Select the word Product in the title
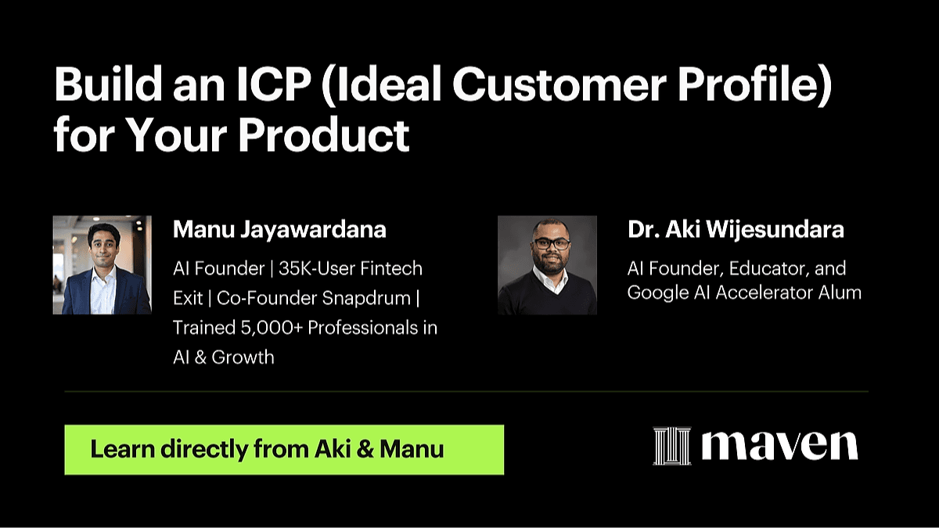(x=324, y=135)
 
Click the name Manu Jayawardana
(x=279, y=229)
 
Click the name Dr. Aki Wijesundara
(x=736, y=229)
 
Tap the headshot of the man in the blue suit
(x=103, y=265)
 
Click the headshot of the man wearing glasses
(x=547, y=265)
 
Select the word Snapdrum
(x=366, y=298)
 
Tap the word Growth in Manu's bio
(x=243, y=357)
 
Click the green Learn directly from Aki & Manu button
(x=284, y=450)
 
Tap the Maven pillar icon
(x=672, y=446)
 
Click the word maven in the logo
(x=779, y=446)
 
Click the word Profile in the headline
(x=754, y=84)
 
